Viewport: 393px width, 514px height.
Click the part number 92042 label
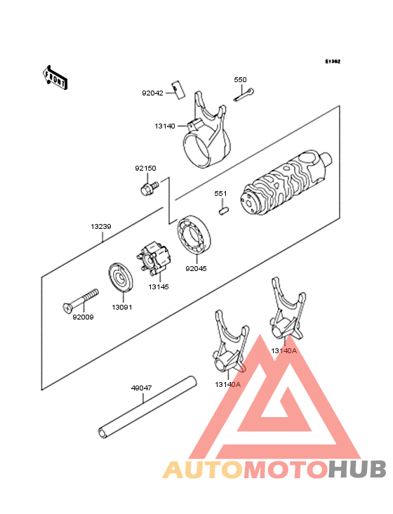152,93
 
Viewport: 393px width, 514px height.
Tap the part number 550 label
240,80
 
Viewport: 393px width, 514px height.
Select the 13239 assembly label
100,227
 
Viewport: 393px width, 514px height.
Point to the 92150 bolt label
145,169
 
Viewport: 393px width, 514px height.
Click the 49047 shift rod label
141,387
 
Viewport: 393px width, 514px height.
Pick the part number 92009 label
83,317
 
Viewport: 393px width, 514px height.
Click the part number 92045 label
196,268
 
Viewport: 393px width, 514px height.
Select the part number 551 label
220,193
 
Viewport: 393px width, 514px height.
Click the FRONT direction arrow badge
56,77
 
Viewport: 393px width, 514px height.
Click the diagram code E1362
333,62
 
